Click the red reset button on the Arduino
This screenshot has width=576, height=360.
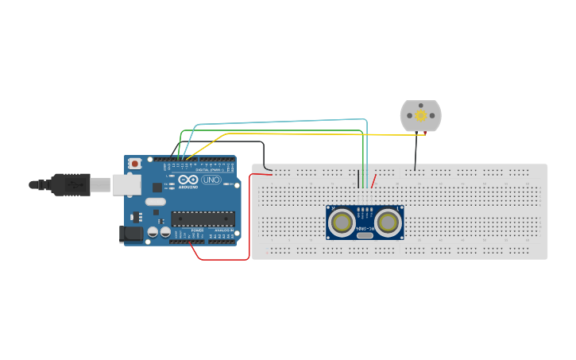(135, 164)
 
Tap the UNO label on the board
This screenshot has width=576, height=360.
(211, 180)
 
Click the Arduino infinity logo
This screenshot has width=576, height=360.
(188, 180)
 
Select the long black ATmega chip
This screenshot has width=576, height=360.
(203, 218)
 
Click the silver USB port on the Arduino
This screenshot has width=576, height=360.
(126, 184)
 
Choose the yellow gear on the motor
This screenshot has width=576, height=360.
(420, 115)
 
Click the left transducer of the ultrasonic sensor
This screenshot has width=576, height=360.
(343, 222)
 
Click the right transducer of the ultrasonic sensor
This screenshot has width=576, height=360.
(389, 222)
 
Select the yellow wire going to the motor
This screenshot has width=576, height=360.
(318, 134)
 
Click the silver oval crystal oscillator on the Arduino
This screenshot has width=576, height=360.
(155, 201)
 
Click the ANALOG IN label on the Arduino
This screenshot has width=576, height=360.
(224, 230)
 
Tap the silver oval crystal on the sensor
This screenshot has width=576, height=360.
(365, 234)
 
